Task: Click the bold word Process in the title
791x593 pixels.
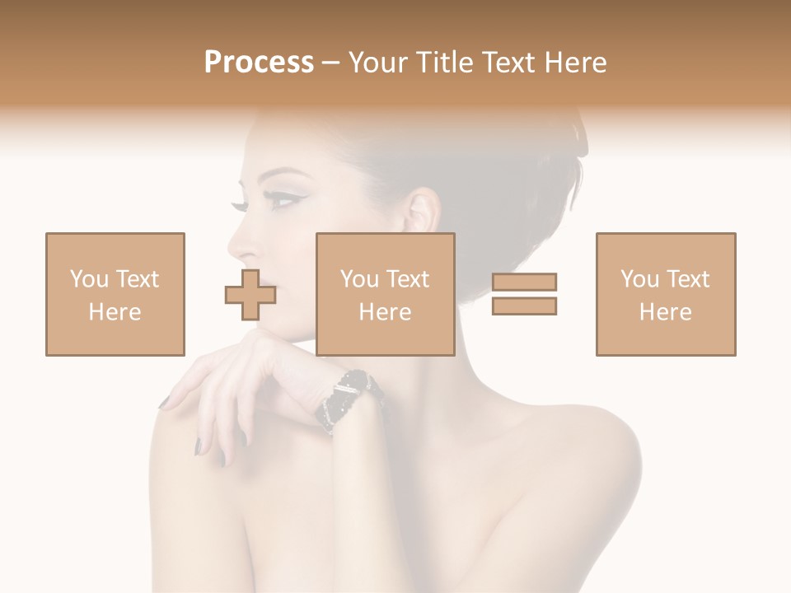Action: pyautogui.click(x=259, y=63)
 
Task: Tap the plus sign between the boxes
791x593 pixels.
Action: pyautogui.click(x=250, y=295)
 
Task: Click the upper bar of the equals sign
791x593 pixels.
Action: pyautogui.click(x=524, y=282)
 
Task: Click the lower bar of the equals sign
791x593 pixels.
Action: pyautogui.click(x=524, y=306)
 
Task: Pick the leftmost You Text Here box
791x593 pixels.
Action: pyautogui.click(x=115, y=294)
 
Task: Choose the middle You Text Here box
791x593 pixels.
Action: pyautogui.click(x=386, y=294)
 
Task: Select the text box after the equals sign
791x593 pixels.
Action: pyautogui.click(x=666, y=294)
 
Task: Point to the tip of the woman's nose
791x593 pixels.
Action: pyautogui.click(x=232, y=247)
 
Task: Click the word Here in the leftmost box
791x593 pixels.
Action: pyautogui.click(x=115, y=312)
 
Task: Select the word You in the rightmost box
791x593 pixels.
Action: pyautogui.click(x=639, y=279)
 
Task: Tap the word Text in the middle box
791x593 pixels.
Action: pyautogui.click(x=407, y=279)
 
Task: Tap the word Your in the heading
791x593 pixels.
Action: pyautogui.click(x=376, y=63)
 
